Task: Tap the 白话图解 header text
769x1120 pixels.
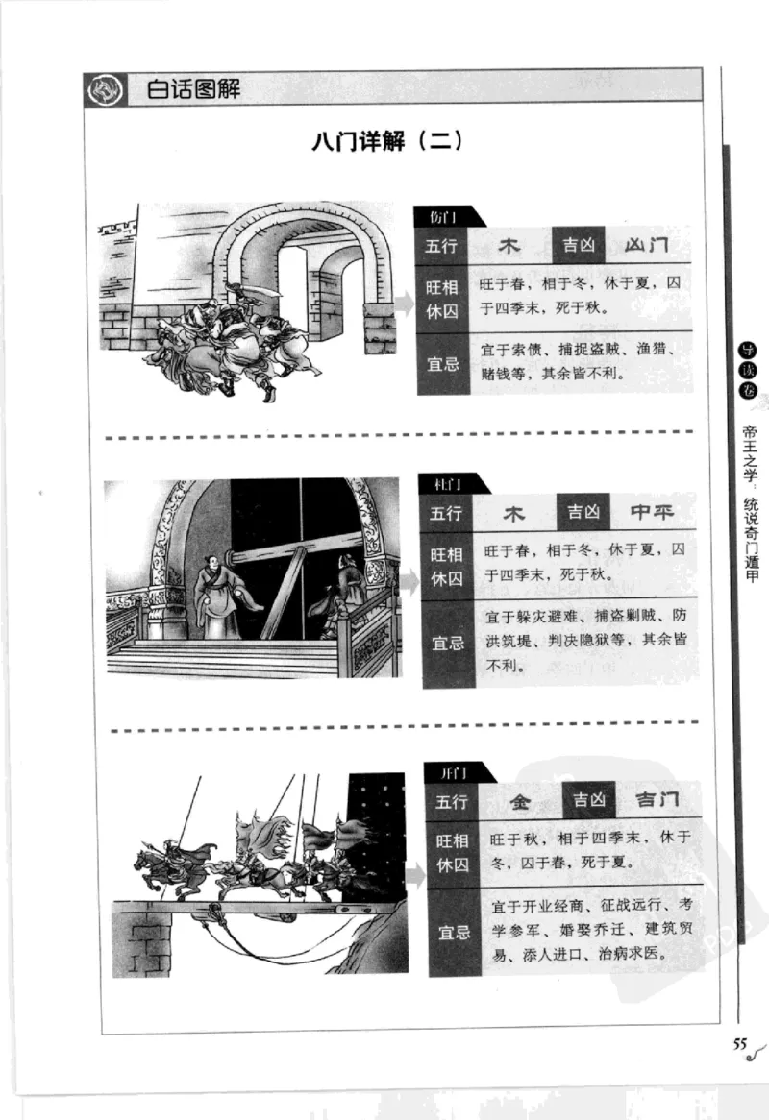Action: point(193,90)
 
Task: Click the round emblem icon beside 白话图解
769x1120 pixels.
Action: point(105,89)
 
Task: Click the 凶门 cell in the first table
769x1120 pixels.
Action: point(645,245)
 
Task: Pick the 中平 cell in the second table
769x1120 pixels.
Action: point(651,513)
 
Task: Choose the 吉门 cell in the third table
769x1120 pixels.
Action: point(657,800)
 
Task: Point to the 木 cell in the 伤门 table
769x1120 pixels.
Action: point(509,246)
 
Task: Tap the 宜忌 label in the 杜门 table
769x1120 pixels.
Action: point(446,644)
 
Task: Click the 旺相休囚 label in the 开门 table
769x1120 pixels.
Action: point(452,851)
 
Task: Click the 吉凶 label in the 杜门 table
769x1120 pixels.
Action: point(583,513)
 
